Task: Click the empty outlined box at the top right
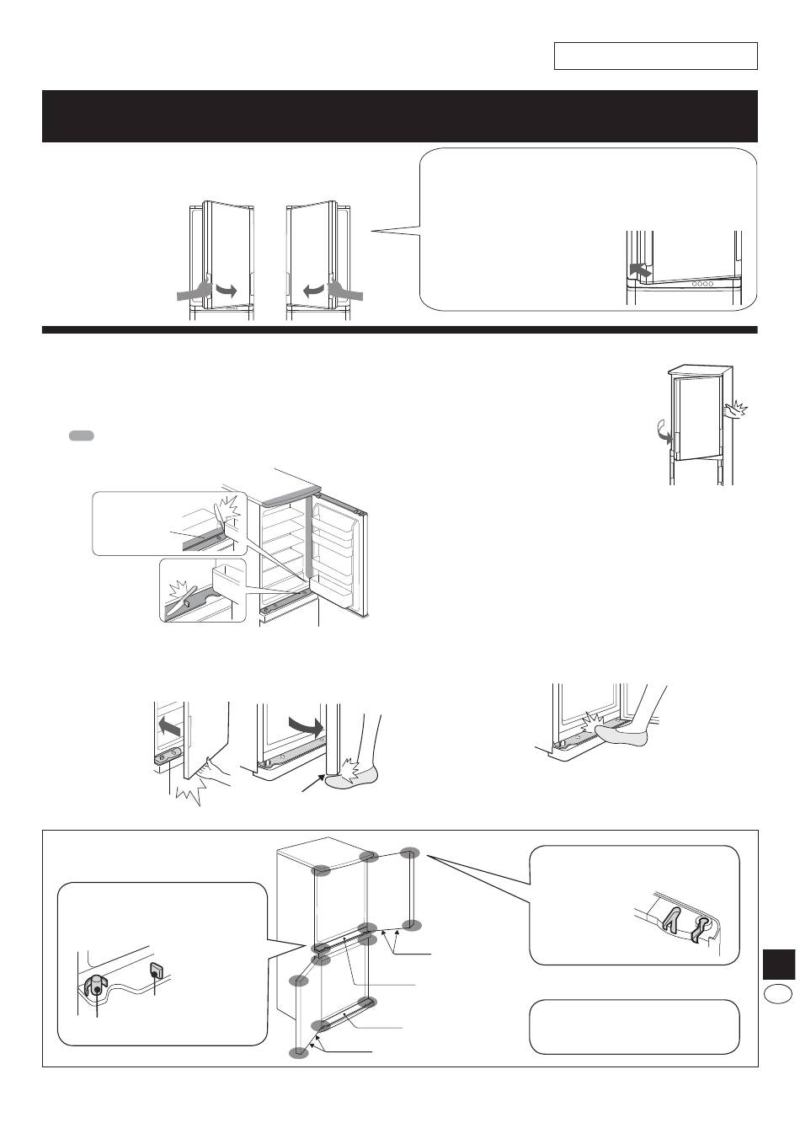[x=655, y=56]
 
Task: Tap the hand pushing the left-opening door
[x=191, y=291]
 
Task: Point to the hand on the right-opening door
[x=347, y=291]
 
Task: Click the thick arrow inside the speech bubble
[x=642, y=271]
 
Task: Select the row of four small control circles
[x=701, y=283]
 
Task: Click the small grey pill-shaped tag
[x=82, y=436]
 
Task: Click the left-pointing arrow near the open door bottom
[x=169, y=724]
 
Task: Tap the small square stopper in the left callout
[x=156, y=970]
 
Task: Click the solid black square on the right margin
[x=779, y=964]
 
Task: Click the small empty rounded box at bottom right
[x=634, y=1027]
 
